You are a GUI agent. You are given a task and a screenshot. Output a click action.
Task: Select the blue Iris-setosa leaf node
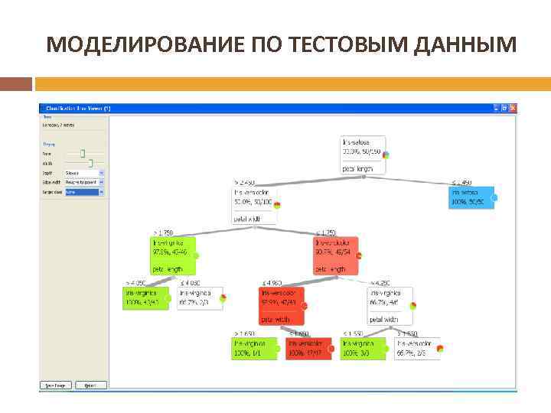coord(471,197)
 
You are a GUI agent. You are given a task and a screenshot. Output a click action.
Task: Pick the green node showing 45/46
coord(171,255)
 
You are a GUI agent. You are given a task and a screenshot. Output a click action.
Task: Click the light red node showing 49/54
coord(335,255)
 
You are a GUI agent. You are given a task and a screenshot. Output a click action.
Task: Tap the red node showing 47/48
coord(282,305)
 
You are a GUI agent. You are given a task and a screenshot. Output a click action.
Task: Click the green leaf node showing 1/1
coord(253,349)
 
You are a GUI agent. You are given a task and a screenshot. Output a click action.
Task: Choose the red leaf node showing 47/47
coord(308,349)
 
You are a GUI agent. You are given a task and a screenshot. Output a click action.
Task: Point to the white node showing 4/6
coord(390,305)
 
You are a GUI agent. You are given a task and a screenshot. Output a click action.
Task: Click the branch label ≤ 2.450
coord(461,182)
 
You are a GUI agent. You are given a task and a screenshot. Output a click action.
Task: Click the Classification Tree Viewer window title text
coord(77,109)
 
